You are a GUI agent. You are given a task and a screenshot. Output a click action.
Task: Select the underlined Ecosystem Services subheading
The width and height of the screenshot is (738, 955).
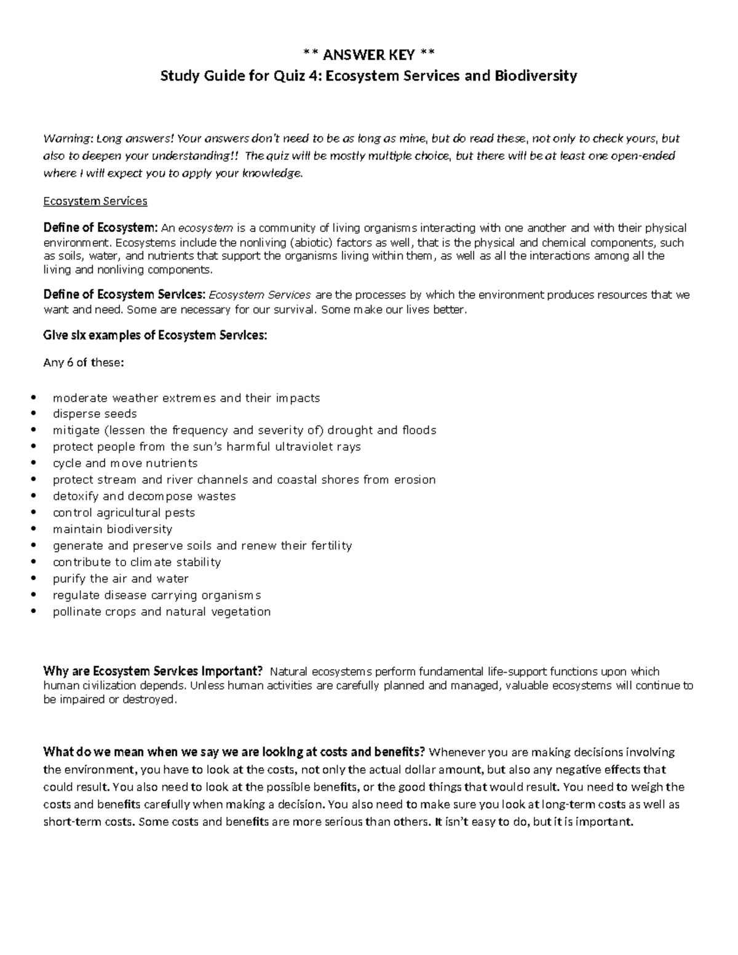[x=95, y=201]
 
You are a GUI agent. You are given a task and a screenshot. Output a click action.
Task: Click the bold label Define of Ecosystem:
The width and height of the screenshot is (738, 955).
[x=100, y=228]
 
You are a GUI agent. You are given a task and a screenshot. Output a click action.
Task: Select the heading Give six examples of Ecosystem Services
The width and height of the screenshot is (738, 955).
[x=155, y=336]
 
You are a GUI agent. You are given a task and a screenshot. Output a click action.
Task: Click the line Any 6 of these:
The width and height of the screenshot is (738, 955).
[x=83, y=363]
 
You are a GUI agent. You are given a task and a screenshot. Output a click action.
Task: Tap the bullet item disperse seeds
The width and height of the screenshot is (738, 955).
[x=95, y=414]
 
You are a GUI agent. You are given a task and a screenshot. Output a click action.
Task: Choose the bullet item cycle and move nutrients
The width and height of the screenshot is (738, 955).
[x=125, y=464]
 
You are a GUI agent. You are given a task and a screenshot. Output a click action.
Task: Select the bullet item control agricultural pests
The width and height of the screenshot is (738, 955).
[x=124, y=513]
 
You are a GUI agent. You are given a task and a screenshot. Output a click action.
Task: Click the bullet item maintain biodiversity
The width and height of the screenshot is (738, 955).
[x=112, y=529]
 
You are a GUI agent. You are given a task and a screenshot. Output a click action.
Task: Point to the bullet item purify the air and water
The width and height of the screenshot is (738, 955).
[x=121, y=579]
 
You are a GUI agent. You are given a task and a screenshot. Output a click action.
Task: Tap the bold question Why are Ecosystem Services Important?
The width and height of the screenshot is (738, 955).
[x=153, y=672]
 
